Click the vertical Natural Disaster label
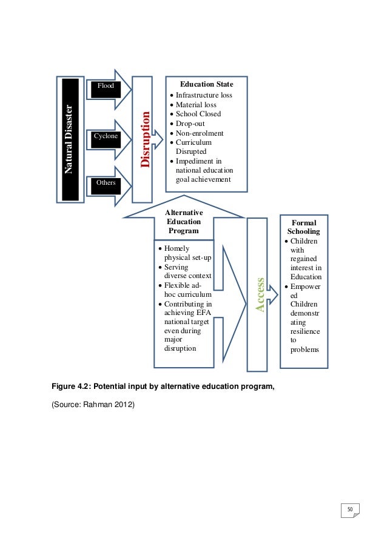coord(69,139)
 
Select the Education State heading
coord(203,84)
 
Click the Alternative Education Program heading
coord(184,222)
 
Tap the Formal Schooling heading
coord(304,227)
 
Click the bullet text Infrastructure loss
coord(204,96)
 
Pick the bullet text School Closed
coord(198,114)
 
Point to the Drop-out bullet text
coord(190,124)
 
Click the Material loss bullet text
coord(196,105)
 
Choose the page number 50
coord(350,509)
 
